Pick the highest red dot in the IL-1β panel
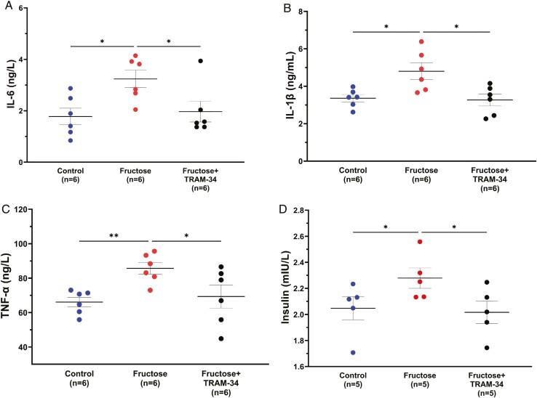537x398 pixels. coord(421,41)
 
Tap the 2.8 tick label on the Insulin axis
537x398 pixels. coord(315,210)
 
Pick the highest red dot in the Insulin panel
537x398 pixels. coord(421,242)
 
